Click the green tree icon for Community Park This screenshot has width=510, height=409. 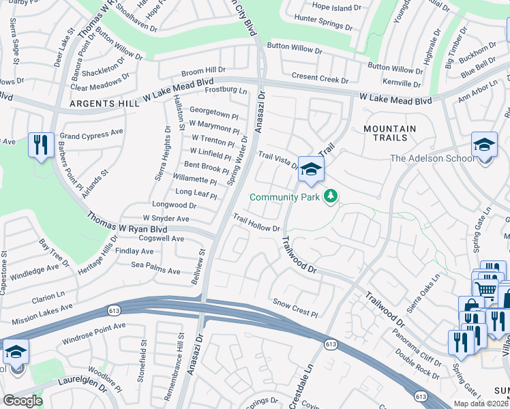pos(331,196)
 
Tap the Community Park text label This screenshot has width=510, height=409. pos(284,198)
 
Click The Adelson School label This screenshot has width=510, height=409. pos(432,159)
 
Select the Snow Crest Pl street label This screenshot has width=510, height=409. pos(296,307)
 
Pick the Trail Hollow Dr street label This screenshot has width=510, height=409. pos(256,223)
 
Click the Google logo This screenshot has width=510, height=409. pos(22,401)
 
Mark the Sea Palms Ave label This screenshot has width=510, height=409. pos(155,268)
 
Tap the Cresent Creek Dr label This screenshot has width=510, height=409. pos(320,78)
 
